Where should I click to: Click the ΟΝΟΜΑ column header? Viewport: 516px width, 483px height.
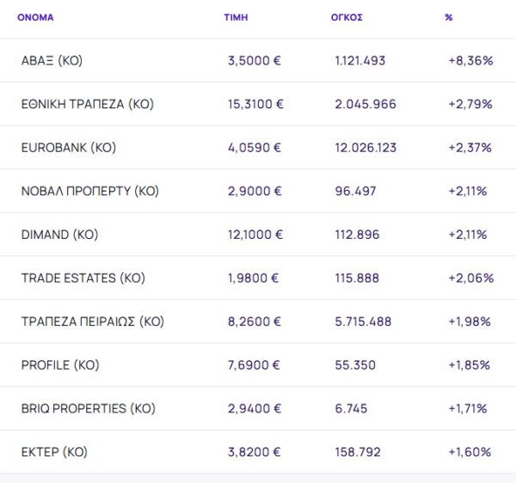[x=35, y=17]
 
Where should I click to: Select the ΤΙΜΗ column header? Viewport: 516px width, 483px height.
[x=236, y=17]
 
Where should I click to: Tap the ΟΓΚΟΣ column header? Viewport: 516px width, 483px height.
[x=347, y=17]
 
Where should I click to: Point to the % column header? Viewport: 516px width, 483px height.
[x=449, y=17]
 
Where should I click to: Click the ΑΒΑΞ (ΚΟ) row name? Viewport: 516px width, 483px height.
[x=52, y=61]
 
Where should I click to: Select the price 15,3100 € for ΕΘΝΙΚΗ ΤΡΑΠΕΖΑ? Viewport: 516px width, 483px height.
[x=255, y=104]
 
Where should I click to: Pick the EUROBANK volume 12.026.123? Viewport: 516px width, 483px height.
[x=365, y=148]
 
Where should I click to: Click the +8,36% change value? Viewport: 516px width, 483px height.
[x=470, y=61]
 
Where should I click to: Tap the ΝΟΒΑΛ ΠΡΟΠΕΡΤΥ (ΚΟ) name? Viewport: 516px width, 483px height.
[x=89, y=191]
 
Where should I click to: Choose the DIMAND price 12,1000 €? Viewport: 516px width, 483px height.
[x=255, y=235]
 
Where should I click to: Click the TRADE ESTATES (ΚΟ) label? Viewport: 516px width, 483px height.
[x=83, y=278]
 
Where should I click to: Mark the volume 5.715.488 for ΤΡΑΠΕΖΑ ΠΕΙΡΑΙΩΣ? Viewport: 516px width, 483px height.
[x=363, y=321]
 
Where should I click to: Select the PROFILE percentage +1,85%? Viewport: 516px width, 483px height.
[x=470, y=365]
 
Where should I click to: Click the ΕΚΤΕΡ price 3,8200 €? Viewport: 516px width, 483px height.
[x=254, y=452]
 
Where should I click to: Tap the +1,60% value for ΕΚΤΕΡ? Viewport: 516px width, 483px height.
[x=470, y=452]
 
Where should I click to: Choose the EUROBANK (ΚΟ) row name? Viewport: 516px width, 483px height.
[x=68, y=148]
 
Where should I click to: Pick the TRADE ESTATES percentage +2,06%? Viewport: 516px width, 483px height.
[x=470, y=278]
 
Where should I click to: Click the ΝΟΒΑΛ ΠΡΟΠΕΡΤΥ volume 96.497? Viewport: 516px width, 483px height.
[x=355, y=191]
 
